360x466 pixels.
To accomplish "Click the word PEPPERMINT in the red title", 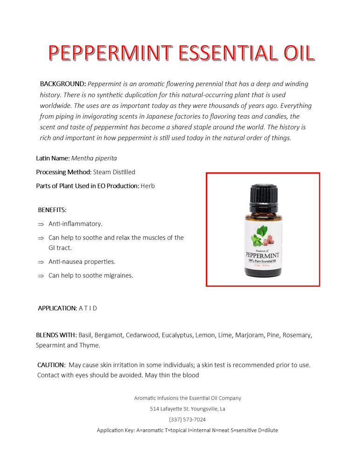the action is tap(110, 54).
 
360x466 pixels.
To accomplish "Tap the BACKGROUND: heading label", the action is tap(63, 84).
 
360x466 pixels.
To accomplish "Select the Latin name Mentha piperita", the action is tap(94, 158).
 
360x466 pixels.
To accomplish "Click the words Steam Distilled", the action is tap(114, 172).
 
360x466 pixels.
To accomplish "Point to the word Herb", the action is tap(148, 186).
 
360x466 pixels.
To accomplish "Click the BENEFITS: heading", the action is tap(52, 210).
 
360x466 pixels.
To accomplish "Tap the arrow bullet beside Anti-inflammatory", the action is tap(41, 225).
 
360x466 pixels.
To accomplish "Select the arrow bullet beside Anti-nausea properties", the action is tap(41, 262).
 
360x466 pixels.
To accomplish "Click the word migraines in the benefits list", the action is tap(116, 276).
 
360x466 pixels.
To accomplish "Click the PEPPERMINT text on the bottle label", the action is tap(262, 255).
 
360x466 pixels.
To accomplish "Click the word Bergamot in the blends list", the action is tap(109, 335).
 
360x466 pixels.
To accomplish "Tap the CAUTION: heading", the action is tap(51, 365).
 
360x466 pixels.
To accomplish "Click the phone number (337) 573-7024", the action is tap(187, 420).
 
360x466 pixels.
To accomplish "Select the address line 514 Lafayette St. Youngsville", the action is tap(187, 409).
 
